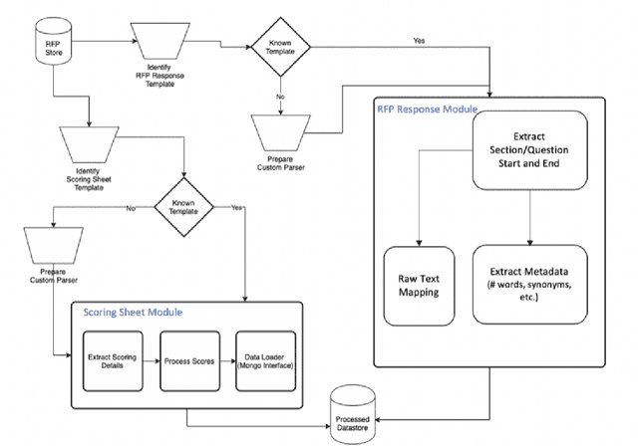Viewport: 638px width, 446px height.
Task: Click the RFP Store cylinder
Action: [53, 45]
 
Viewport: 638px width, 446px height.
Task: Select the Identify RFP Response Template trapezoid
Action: [161, 43]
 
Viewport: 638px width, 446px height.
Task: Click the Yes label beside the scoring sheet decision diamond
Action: [236, 208]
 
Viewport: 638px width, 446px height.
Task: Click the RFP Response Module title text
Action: [427, 108]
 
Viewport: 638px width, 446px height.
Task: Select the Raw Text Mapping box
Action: [419, 287]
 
